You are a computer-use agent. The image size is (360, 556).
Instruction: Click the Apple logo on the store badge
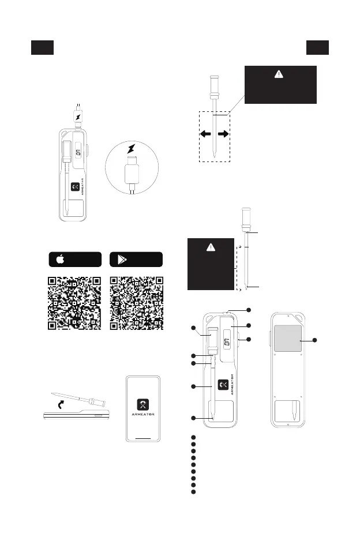[x=59, y=260]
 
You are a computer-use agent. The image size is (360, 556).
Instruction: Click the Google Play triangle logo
[x=122, y=260]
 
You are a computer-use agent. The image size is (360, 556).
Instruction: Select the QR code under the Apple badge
[x=73, y=303]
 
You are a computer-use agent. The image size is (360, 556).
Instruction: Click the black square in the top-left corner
[x=42, y=48]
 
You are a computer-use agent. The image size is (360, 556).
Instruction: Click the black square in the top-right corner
[x=318, y=48]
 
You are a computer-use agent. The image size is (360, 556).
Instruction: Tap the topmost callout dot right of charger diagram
[x=249, y=310]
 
